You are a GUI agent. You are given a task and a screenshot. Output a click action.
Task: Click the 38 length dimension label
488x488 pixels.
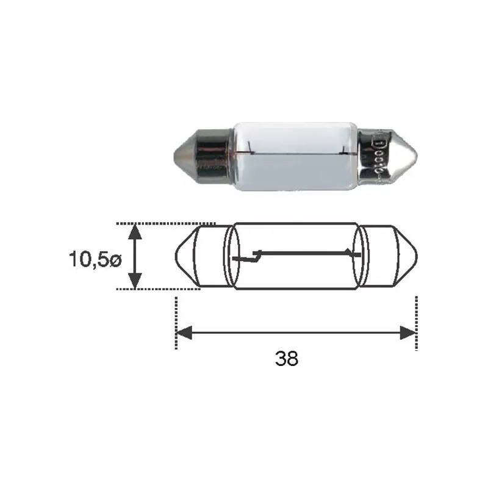pos(286,359)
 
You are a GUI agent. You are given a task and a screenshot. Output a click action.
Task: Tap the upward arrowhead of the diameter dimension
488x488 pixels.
pos(135,232)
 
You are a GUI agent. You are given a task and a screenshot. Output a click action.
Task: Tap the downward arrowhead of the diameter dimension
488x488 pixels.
pos(135,281)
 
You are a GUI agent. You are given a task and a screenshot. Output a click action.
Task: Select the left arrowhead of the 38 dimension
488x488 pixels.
pos(184,333)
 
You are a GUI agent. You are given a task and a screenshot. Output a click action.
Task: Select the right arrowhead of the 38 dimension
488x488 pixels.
pos(408,333)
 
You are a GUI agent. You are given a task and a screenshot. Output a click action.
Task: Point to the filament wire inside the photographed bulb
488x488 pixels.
pos(296,153)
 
